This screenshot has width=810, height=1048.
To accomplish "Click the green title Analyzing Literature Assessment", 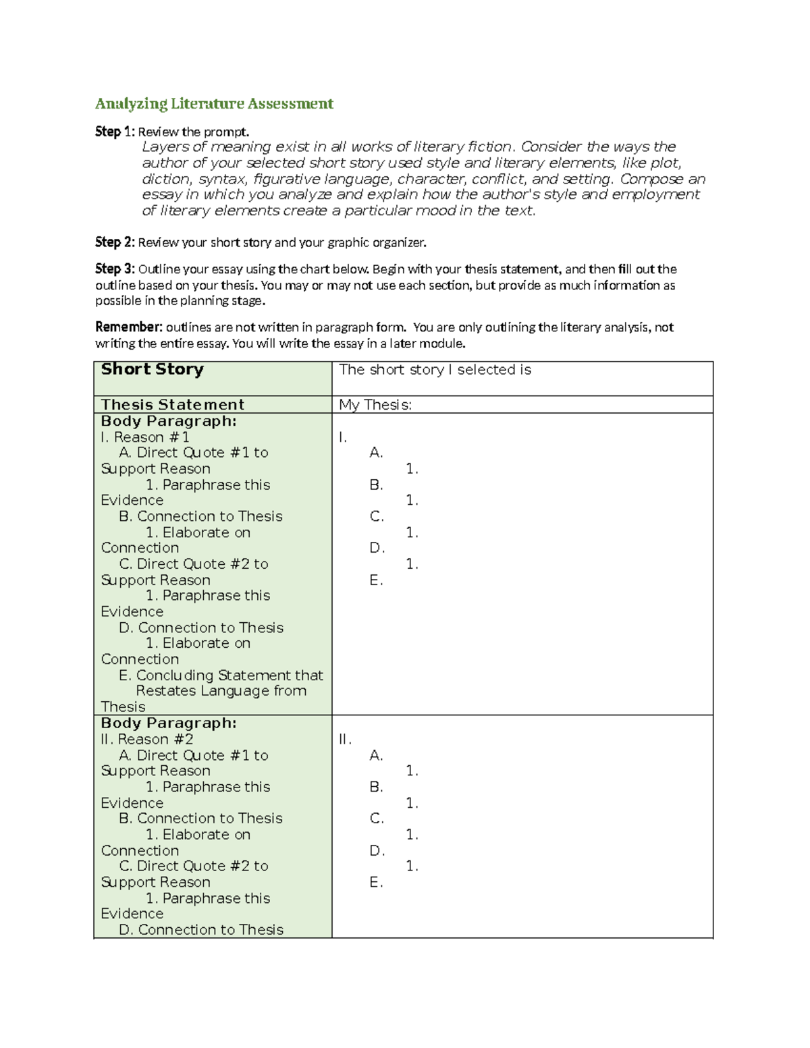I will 214,103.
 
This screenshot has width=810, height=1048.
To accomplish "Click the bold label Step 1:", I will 115,132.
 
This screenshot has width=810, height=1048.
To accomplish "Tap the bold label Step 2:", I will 115,242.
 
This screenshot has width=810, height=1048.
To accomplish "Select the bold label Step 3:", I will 115,269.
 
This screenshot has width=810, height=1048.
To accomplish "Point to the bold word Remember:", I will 128,327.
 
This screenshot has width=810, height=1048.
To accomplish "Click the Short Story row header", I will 152,369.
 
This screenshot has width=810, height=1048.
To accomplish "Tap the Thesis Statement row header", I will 172,405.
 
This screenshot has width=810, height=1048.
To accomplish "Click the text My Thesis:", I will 375,405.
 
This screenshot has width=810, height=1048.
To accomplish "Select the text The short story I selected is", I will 435,370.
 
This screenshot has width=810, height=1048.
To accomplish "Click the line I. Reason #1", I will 145,437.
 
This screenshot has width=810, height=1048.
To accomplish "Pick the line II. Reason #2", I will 147,740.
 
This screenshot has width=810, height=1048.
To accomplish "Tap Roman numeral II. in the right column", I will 345,740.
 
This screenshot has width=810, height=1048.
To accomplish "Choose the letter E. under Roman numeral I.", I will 376,580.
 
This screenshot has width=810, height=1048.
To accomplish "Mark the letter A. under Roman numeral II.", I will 376,756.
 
